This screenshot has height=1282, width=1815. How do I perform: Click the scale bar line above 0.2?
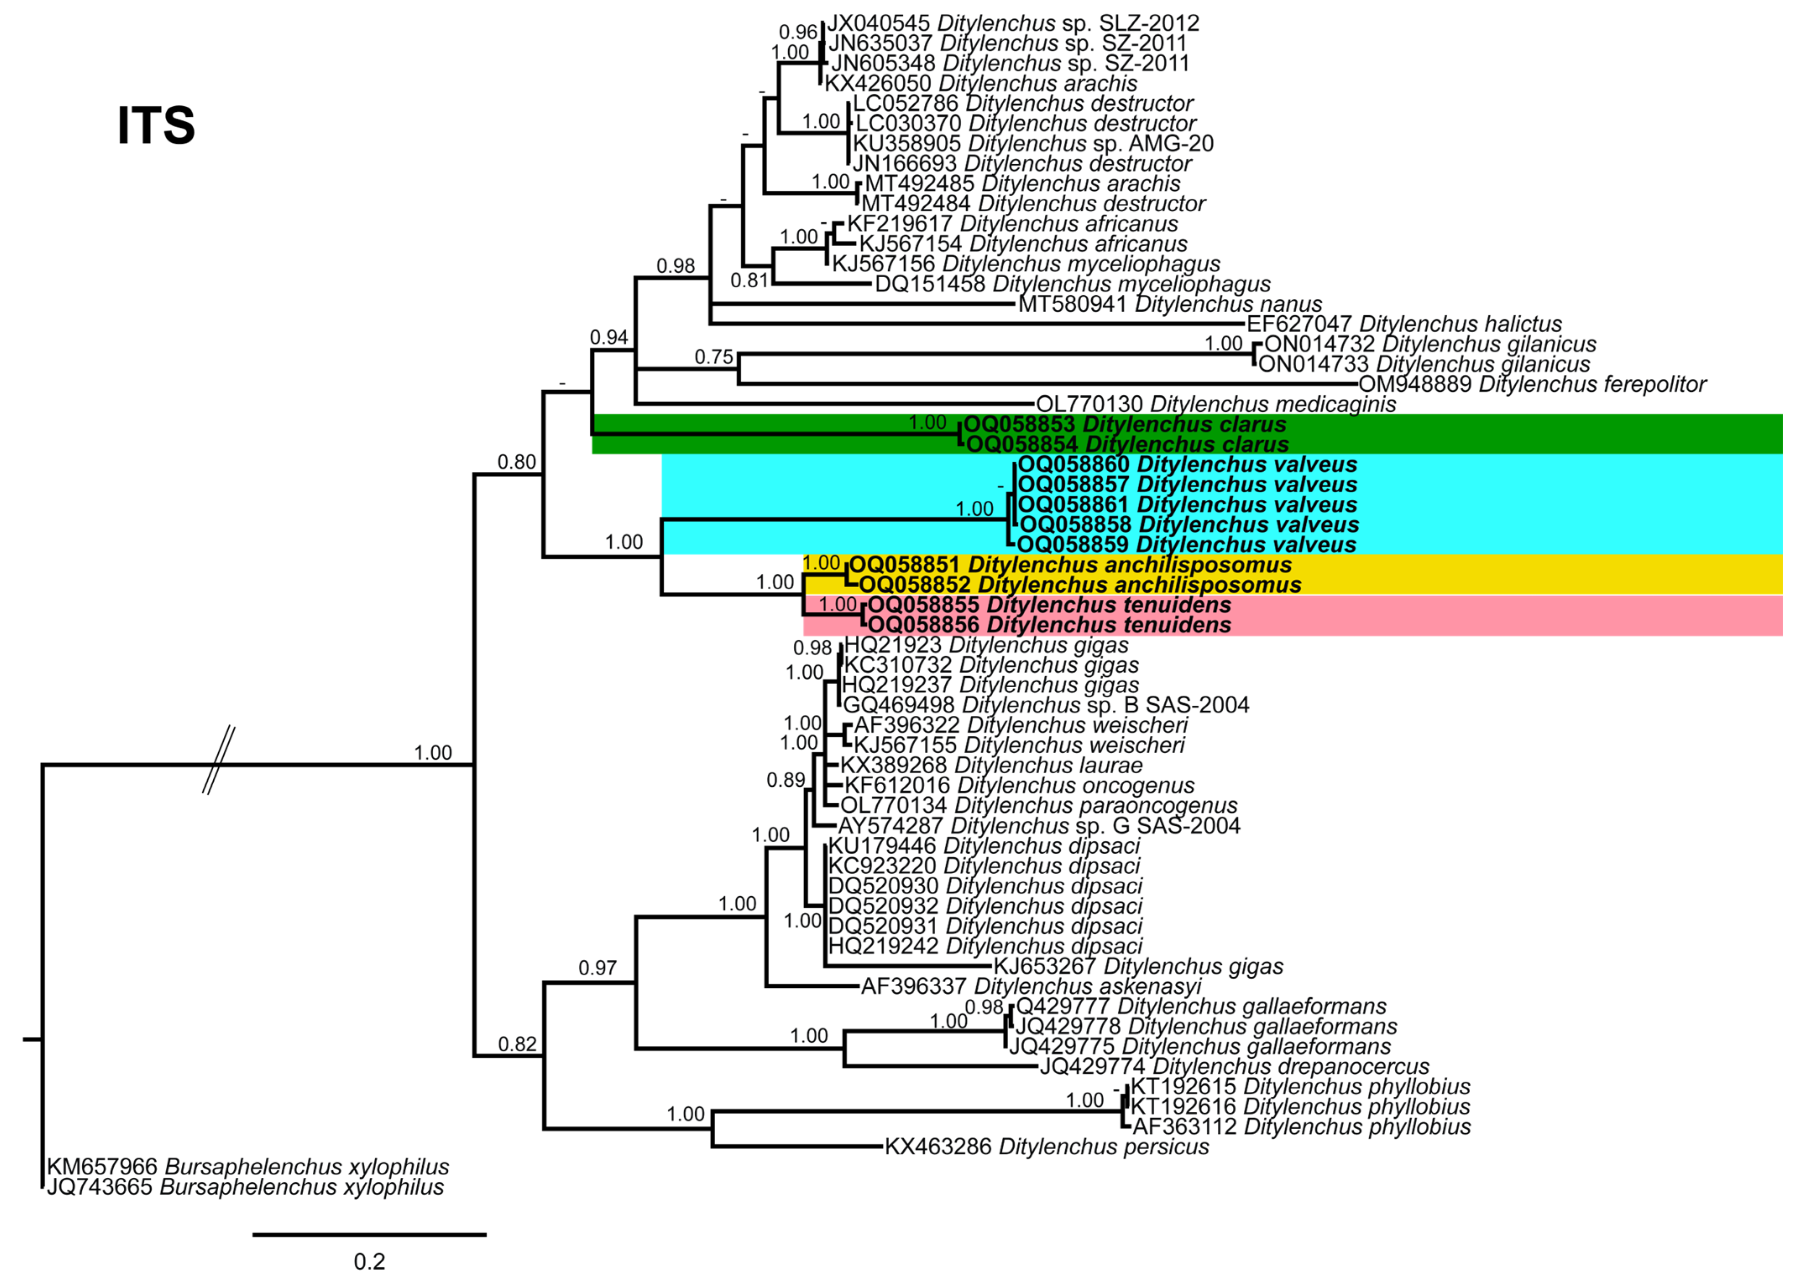pos(369,1234)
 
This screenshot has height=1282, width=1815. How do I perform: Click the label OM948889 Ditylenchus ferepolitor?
pos(1532,384)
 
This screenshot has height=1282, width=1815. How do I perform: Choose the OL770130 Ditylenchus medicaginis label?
pos(1216,404)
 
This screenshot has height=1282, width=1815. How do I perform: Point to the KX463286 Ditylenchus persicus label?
pos(1046,1147)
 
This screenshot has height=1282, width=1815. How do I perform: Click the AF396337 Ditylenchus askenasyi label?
pos(1031,986)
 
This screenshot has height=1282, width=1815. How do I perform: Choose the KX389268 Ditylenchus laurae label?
pos(991,766)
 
